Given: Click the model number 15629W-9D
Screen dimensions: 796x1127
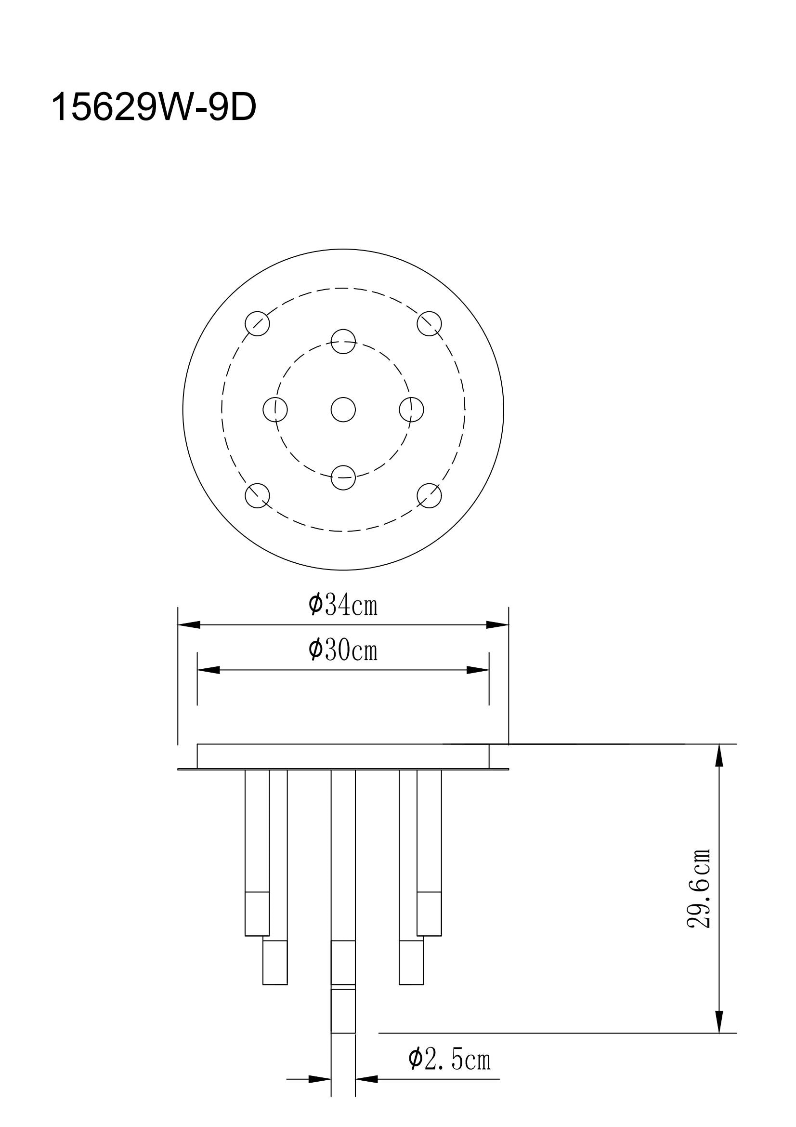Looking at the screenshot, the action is [x=154, y=107].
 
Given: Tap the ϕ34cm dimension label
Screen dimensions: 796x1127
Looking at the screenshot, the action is [x=343, y=604].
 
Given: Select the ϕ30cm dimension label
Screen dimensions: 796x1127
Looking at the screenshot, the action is [x=343, y=650].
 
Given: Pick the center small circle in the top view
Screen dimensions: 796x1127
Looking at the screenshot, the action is [x=343, y=410].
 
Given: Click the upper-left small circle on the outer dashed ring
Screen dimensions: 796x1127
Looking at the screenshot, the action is [x=258, y=323].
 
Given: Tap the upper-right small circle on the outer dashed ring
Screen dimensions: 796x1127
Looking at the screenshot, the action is [x=429, y=323].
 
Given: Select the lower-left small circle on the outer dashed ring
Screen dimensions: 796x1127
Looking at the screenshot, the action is [x=258, y=495].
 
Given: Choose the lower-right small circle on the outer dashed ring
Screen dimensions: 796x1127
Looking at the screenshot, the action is [x=429, y=495].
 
